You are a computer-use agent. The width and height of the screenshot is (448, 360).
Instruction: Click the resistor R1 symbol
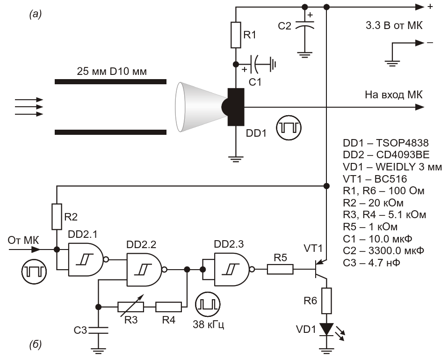point(236,35)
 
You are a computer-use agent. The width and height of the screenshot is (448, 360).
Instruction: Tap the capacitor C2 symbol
point(305,25)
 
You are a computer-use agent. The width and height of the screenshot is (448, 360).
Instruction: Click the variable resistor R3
point(130,307)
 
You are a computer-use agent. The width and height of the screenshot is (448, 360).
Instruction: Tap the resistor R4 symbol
point(168,307)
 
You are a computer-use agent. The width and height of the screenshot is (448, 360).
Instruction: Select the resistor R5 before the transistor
point(280,269)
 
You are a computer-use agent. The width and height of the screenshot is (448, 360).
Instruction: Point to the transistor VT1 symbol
point(319,269)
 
